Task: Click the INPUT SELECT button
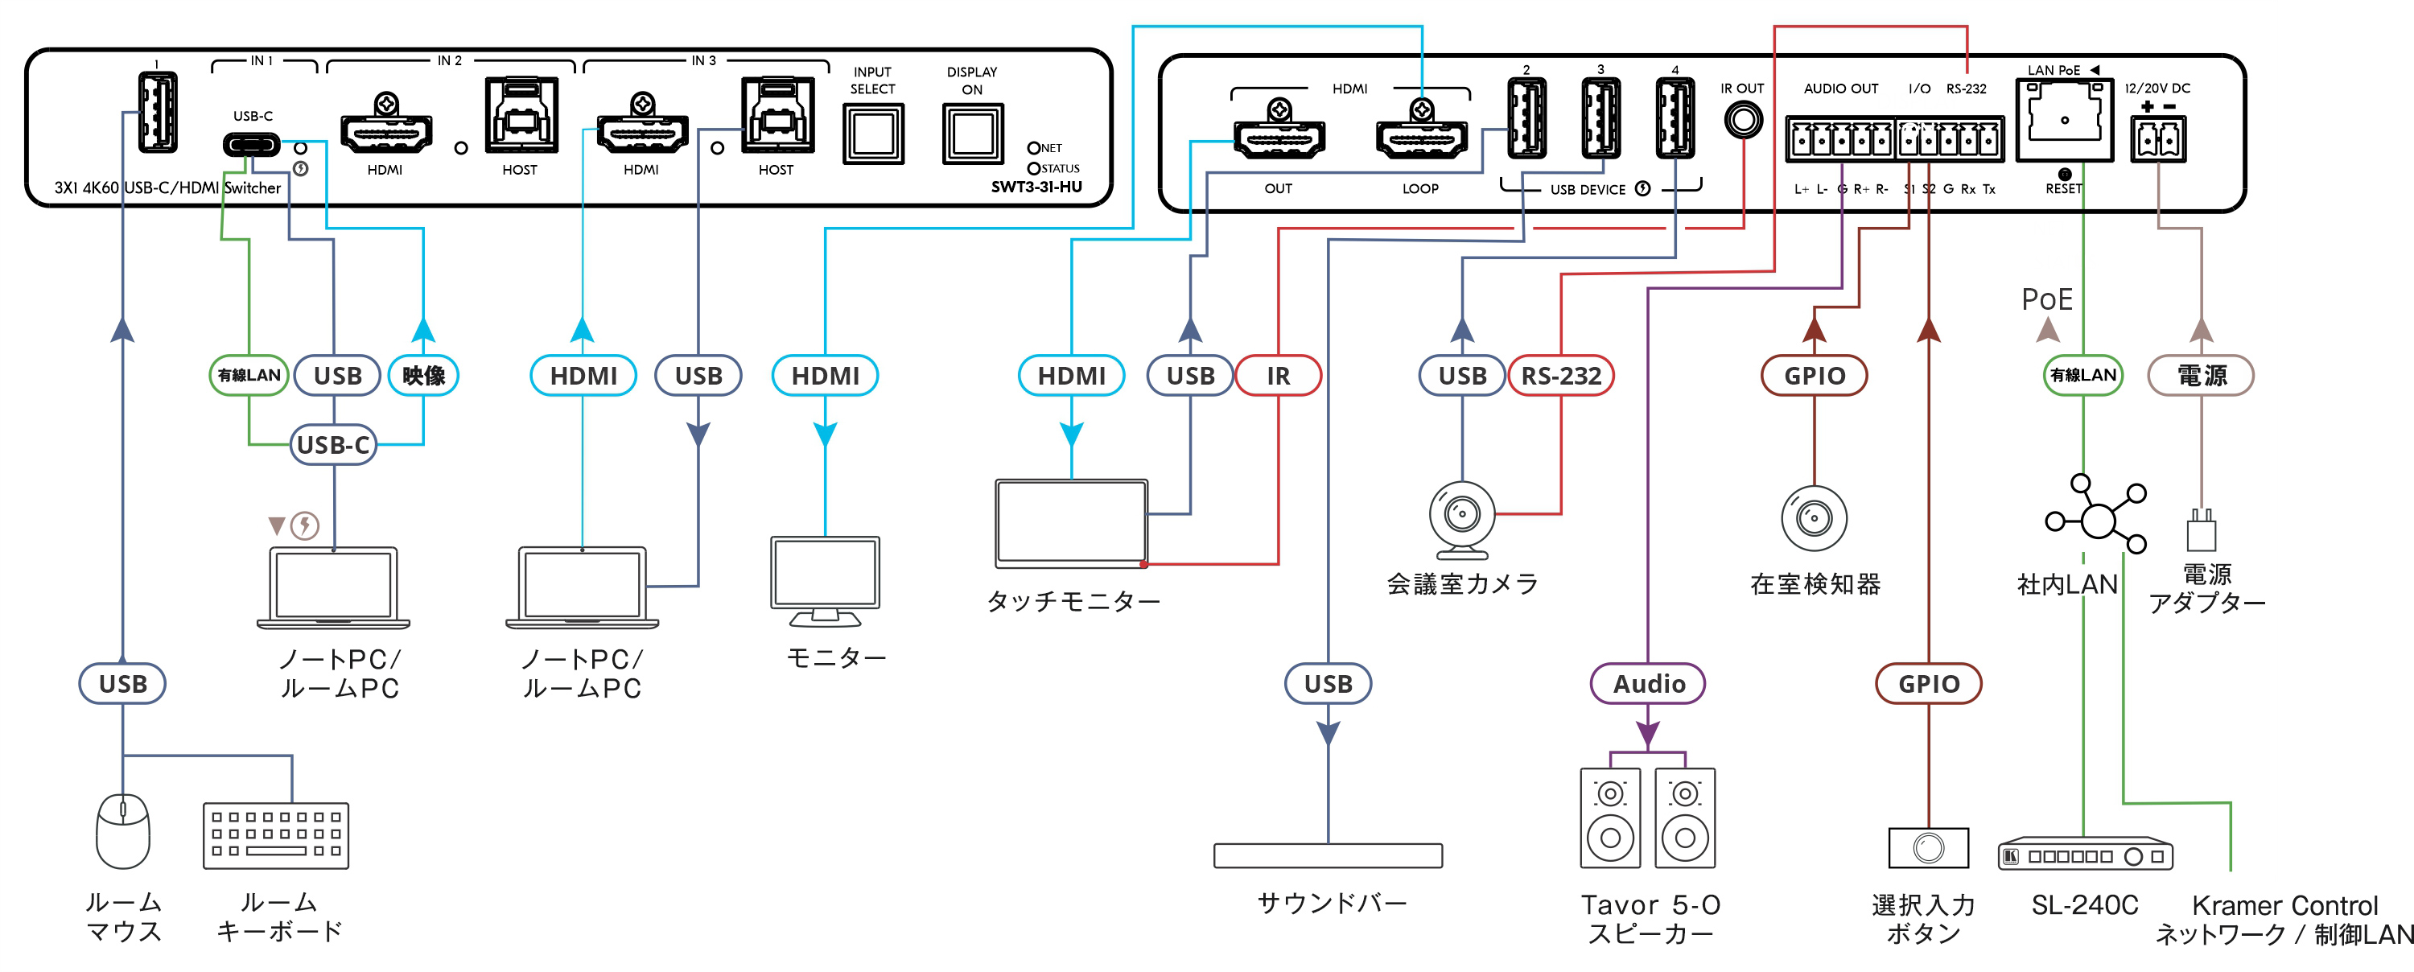coord(873,134)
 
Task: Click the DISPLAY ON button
coord(972,134)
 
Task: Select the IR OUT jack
coord(1742,120)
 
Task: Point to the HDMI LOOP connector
coord(1421,138)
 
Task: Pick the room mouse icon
coord(123,830)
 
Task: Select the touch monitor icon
coord(1071,523)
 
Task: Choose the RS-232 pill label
coord(1561,376)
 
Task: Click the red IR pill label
coord(1279,376)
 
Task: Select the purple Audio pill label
coord(1649,684)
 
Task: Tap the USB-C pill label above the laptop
coord(334,445)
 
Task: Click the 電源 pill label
coord(2200,376)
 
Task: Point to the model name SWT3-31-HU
coord(1036,187)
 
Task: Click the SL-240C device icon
coord(2084,855)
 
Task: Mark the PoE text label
coord(2046,300)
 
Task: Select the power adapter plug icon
coord(2202,530)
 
